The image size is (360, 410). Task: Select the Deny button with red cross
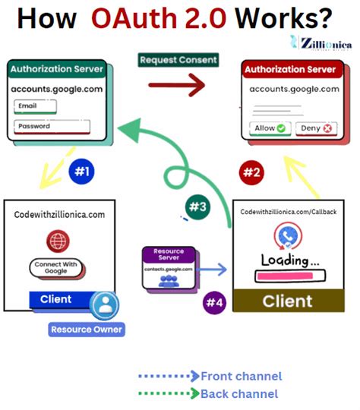coord(315,128)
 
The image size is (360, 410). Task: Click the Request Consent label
coord(177,59)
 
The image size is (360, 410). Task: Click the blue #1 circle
coord(81,172)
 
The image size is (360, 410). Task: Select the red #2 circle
coord(252,172)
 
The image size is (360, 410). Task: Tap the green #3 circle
coord(197,206)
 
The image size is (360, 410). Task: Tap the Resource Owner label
coord(87,330)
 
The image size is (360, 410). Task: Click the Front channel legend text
coord(241,376)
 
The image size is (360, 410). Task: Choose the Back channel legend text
coord(239,393)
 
